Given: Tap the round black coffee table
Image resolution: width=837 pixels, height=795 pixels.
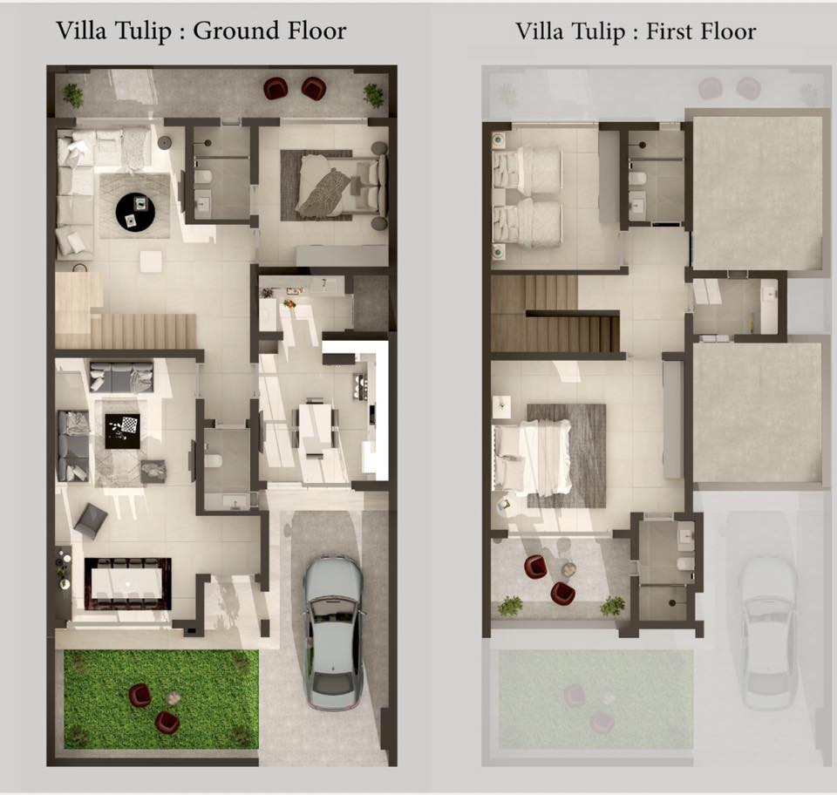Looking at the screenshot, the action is [x=136, y=213].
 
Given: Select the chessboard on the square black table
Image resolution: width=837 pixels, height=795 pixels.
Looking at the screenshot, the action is [x=130, y=425].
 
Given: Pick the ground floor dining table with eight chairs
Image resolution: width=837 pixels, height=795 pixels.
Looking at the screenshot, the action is [x=128, y=584].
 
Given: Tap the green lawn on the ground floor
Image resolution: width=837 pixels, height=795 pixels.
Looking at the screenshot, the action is [x=161, y=699].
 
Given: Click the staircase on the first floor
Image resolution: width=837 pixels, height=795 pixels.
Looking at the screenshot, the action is [x=555, y=314].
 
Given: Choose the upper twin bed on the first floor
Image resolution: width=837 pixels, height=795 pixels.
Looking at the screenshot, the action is [x=527, y=168].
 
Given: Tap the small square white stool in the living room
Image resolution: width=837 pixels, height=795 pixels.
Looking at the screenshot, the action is [x=151, y=262].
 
